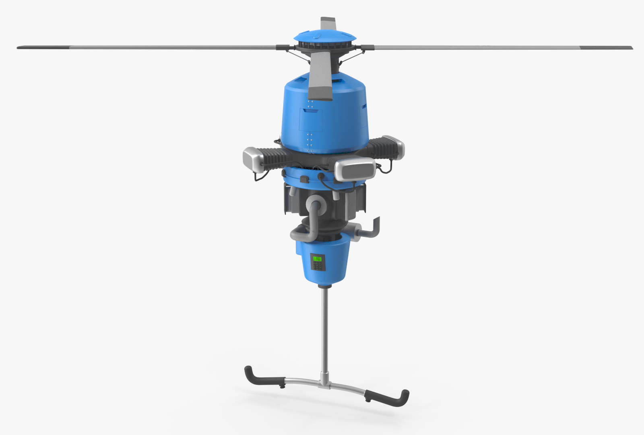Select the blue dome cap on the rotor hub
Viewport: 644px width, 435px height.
pos(325,36)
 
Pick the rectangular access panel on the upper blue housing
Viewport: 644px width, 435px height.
pos(311,120)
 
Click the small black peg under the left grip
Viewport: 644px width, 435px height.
pos(282,386)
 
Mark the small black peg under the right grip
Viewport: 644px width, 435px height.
pos(368,400)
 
